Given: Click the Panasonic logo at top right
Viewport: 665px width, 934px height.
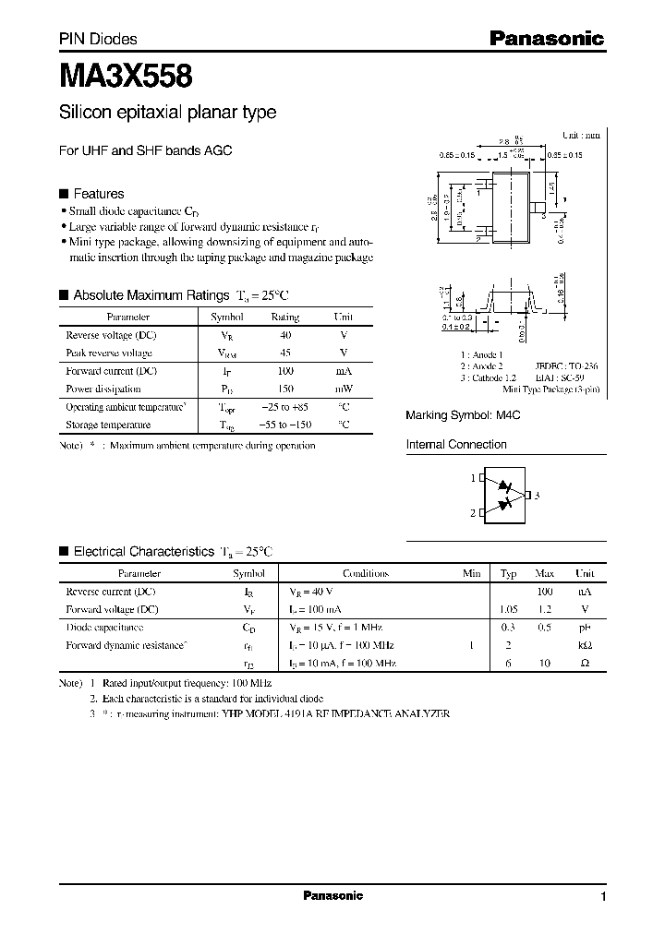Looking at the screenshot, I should (545, 39).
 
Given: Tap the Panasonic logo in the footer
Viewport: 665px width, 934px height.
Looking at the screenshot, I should (333, 896).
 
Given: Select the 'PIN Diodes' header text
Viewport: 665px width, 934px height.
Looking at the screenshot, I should (98, 39).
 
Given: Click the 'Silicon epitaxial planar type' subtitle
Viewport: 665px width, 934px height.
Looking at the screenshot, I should (167, 113).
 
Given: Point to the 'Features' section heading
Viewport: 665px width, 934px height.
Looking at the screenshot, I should (98, 194).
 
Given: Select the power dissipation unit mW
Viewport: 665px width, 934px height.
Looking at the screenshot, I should (344, 389).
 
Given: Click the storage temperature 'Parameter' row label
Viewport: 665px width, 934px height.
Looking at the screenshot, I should (108, 425).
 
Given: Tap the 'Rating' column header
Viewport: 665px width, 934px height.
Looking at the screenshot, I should (284, 317).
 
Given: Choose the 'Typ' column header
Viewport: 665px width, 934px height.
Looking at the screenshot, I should (509, 573).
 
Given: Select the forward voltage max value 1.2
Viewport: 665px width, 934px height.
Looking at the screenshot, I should (545, 609).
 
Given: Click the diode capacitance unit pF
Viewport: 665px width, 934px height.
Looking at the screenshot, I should (585, 628).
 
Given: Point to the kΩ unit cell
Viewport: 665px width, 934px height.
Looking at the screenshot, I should (585, 645).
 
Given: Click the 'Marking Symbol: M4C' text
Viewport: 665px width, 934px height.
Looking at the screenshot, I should (464, 415).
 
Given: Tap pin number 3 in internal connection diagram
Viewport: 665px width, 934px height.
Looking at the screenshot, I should (537, 496).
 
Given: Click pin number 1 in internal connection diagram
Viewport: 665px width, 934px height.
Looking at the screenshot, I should (473, 478).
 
